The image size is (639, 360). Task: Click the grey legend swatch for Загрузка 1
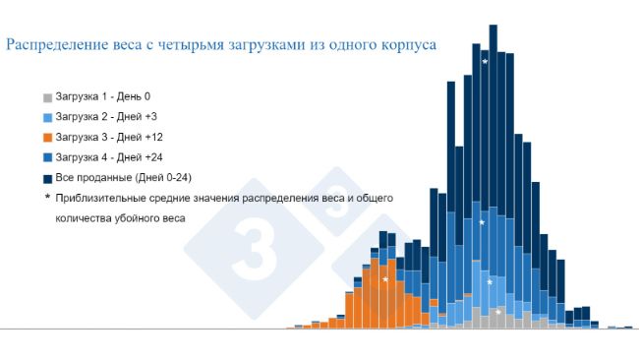tap(48, 97)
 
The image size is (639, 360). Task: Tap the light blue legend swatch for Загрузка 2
tap(48, 118)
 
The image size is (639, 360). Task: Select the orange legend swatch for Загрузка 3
tap(48, 138)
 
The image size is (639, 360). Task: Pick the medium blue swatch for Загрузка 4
tap(48, 158)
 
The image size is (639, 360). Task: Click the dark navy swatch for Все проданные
tap(48, 179)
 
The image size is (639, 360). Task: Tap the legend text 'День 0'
tap(134, 96)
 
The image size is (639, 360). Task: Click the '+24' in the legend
tap(153, 157)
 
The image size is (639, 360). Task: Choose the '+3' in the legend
tap(150, 117)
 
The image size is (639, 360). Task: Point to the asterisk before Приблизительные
tap(47, 197)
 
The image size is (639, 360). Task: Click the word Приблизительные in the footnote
tap(102, 199)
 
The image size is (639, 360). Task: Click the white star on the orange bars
tap(385, 279)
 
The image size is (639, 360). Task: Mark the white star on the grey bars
tap(497, 313)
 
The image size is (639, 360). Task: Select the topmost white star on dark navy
tap(485, 62)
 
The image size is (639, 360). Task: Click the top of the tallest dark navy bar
tap(494, 26)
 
